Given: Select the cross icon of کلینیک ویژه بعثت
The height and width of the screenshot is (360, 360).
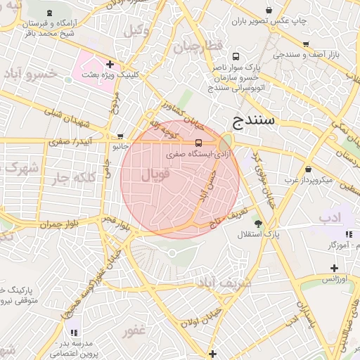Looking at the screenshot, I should point(110,64).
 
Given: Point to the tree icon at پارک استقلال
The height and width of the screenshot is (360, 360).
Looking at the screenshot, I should point(257,223).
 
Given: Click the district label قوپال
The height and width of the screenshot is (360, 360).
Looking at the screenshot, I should point(156,175).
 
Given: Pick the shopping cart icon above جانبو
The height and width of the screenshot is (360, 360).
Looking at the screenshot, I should point(120,136).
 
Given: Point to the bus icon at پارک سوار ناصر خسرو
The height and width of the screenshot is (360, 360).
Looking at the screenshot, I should point(235,56).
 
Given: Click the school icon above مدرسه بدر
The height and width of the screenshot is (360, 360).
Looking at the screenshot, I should point(74,332).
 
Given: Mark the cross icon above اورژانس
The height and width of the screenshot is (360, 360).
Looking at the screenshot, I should point(335,268).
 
